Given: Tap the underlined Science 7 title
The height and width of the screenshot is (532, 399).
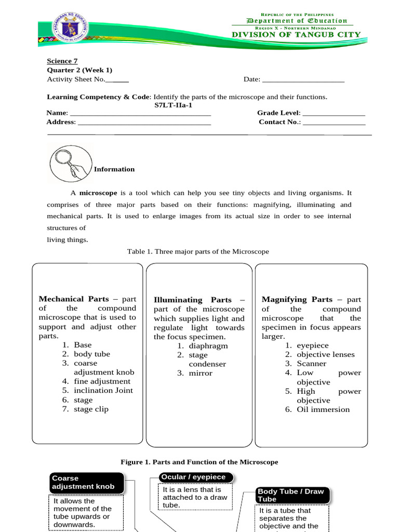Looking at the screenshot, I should pos(59,61).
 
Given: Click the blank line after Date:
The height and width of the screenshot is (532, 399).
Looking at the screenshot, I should pos(303,79).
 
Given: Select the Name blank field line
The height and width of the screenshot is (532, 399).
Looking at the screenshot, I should pos(140,113).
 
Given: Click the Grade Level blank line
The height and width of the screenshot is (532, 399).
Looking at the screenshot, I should pos(334,113).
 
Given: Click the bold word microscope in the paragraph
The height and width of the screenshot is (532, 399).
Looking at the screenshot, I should pos(98,192).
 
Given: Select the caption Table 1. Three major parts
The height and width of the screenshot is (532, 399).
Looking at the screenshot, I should pos(198,251).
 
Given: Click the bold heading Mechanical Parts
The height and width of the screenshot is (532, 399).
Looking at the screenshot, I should pos(74,299).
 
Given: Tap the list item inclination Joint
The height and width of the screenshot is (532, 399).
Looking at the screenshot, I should pos(103,390).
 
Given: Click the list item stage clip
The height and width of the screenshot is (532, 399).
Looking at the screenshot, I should pos(91,409).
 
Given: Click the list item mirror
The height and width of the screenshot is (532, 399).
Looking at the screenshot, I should pos(201,373).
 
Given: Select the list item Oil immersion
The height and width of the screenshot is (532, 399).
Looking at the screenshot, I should pos(323,409).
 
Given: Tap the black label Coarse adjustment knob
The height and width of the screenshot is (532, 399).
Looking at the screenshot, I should pos(87,482).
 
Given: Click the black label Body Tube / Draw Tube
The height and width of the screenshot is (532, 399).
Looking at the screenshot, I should pos(292,495).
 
